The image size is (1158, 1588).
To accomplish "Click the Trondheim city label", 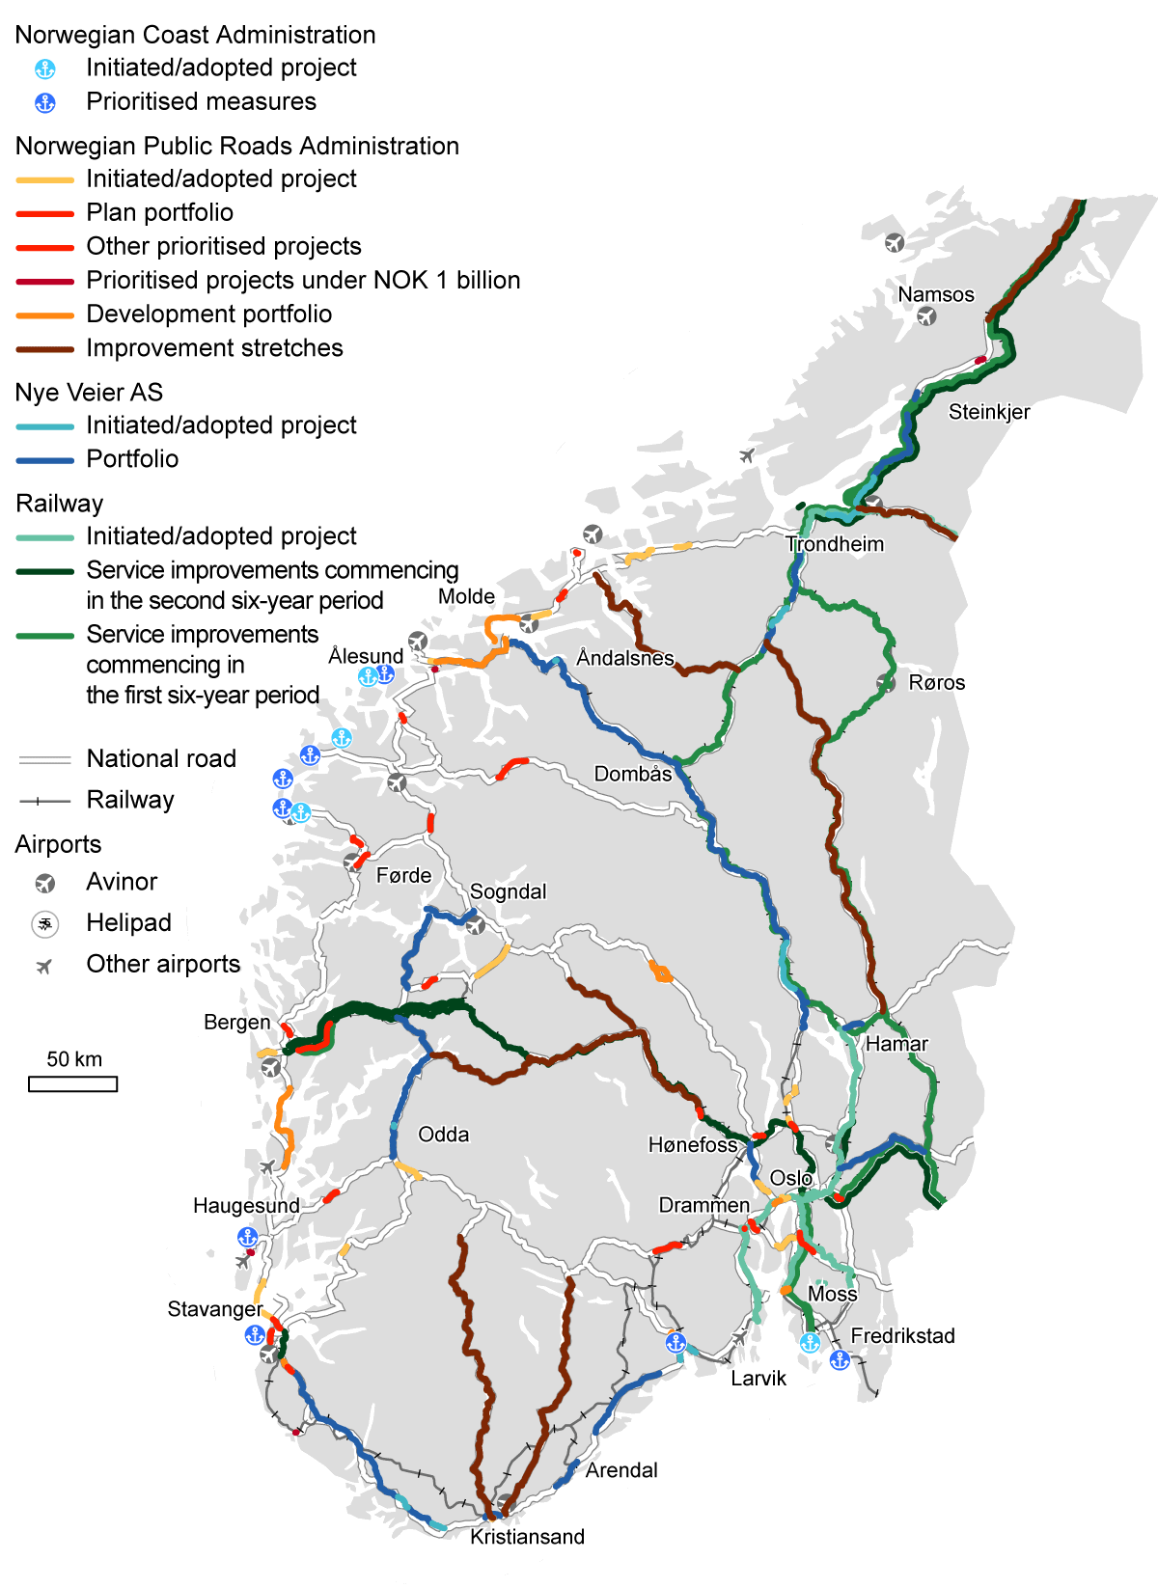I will (835, 544).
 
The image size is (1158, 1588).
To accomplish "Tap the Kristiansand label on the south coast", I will (527, 1537).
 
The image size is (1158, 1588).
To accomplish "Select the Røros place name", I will (936, 683).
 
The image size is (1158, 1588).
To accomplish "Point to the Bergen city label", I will (236, 1022).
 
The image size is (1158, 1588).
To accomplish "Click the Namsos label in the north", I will (935, 294).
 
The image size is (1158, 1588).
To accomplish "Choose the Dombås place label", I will (632, 774).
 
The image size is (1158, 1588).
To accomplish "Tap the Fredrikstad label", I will (902, 1336).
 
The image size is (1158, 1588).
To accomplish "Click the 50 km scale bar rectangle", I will (73, 1084).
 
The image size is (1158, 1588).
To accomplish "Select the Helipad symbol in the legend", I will (44, 924).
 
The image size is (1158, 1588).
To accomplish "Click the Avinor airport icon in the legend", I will (44, 883).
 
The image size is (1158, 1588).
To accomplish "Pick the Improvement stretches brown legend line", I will (44, 348).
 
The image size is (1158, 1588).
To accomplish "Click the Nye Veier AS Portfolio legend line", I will (44, 460).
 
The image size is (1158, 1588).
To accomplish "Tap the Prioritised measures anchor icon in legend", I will (44, 102).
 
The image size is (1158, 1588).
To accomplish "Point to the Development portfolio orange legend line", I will (44, 315).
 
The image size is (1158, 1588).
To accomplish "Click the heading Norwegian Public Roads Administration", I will (236, 146).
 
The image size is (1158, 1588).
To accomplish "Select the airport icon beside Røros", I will (886, 683).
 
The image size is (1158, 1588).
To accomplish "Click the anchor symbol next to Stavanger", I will (255, 1335).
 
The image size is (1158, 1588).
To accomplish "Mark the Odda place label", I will (443, 1135).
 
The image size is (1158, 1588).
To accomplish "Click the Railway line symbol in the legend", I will (44, 801).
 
